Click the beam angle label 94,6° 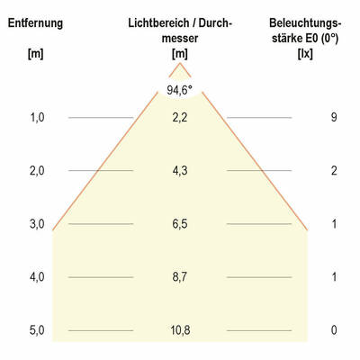(179, 89)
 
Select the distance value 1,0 (37, 117)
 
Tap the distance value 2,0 (37, 170)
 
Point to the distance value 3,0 (37, 223)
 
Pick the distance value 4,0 (37, 276)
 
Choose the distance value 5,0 (37, 330)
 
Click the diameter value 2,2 (179, 117)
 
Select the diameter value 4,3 (179, 170)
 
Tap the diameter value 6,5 (179, 223)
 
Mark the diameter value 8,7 (179, 276)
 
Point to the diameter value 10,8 (179, 330)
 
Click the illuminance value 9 (334, 117)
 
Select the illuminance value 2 (334, 170)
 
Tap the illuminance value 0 (334, 330)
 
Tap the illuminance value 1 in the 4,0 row (334, 276)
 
